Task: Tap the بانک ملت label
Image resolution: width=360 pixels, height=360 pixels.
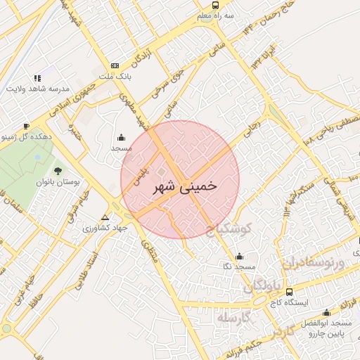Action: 115,75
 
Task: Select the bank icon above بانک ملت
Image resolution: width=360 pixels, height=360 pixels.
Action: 115,65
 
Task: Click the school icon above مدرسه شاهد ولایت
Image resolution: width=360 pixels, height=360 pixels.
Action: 37,78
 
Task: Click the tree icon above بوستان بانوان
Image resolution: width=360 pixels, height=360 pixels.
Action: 58,171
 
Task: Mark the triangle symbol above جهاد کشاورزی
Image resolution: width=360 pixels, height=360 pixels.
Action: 105,217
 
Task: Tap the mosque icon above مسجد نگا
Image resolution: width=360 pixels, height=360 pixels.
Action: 240,257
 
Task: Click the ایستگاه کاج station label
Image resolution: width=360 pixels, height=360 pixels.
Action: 290,302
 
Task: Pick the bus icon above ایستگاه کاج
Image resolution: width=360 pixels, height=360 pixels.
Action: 290,291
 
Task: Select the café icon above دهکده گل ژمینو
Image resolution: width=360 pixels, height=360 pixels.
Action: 26,127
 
